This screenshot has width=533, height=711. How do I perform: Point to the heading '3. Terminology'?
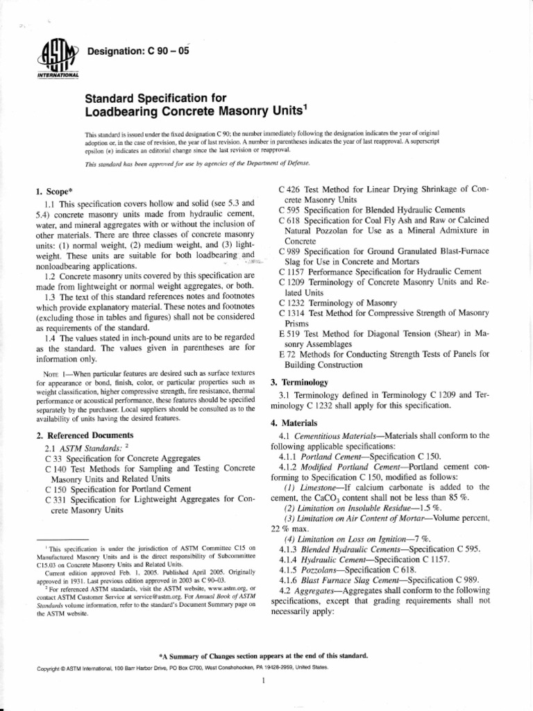pos(299,383)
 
